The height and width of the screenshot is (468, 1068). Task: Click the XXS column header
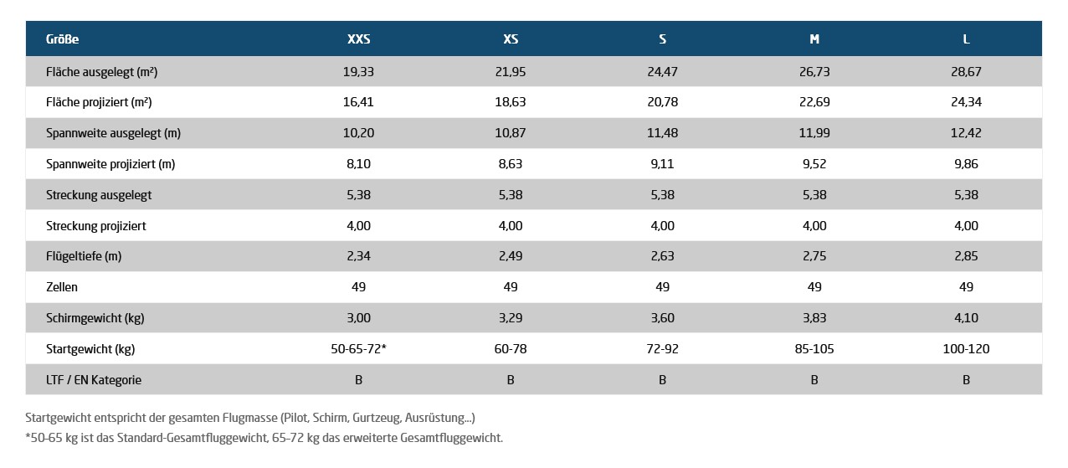358,39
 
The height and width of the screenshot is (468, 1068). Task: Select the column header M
814,39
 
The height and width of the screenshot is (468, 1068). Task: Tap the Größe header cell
63,39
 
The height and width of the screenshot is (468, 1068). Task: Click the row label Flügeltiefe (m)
84,256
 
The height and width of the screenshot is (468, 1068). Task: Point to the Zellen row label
61,286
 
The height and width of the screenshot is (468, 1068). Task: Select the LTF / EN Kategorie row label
94,380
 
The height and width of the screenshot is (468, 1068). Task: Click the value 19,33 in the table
358,71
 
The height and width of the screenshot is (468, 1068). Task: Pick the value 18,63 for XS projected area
511,102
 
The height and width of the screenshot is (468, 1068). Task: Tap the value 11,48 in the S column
662,132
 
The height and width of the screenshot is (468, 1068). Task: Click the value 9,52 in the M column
814,163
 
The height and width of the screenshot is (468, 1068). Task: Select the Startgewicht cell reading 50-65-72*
358,349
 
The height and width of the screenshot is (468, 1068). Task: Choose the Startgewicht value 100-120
966,349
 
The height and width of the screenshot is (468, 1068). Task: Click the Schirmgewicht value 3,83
814,318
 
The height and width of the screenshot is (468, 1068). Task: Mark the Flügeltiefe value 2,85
966,256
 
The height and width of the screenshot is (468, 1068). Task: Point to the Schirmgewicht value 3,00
358,318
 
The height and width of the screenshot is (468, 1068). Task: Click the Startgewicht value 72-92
662,349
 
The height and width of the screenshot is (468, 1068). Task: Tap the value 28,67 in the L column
966,71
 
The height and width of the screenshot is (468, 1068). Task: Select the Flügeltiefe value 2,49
511,256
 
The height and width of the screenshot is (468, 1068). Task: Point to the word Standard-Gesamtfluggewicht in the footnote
193,438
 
